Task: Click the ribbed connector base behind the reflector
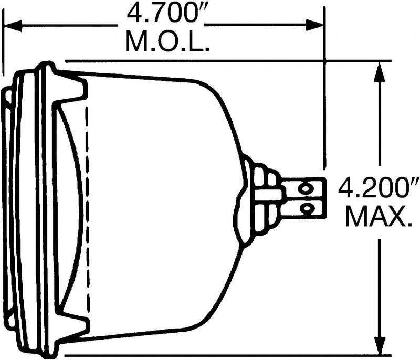coord(262,199)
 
